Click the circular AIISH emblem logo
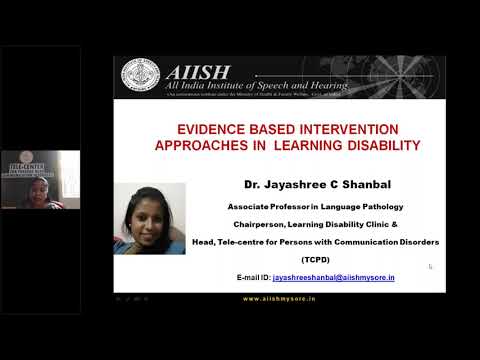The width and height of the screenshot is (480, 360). tap(139, 76)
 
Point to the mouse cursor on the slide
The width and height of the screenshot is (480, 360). tap(430, 266)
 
